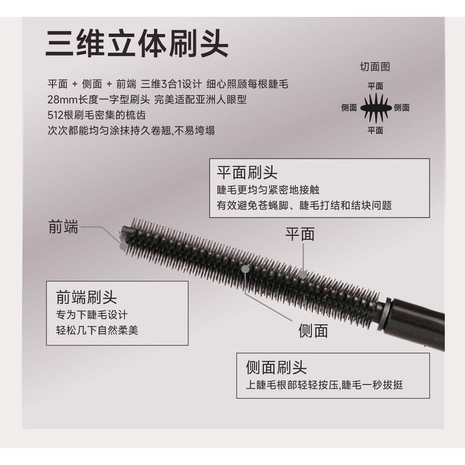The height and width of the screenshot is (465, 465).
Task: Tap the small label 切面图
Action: coord(375,67)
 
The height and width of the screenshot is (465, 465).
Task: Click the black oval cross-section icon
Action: coord(375,107)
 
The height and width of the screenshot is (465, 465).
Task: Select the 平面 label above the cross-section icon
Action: coord(375,85)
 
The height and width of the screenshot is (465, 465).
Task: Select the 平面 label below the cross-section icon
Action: coord(375,130)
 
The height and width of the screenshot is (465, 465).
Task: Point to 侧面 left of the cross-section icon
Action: coord(349,108)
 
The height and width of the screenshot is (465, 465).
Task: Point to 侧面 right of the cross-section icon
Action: coord(402,108)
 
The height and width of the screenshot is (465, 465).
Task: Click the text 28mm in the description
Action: coord(60,99)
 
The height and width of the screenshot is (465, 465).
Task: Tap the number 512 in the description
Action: coord(56,115)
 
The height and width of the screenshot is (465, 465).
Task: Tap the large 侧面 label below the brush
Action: coord(313,330)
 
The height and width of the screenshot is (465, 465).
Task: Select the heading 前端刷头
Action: coord(87,298)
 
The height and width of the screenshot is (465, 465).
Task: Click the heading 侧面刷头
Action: coord(276,367)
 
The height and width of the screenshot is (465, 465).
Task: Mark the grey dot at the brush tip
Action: coord(124,246)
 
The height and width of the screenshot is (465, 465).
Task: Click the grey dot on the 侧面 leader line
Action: coord(246,269)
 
